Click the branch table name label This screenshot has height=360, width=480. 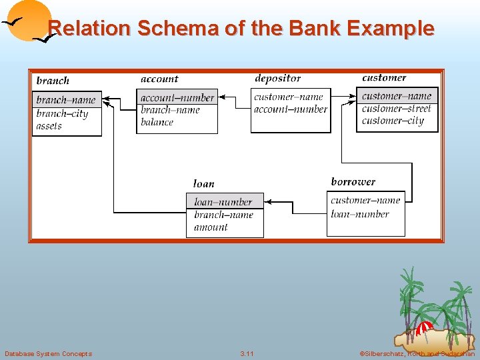click(x=53, y=81)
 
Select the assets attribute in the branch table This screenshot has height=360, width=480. click(x=49, y=126)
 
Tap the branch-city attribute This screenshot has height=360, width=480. click(x=62, y=113)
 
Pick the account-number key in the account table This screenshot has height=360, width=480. click(x=177, y=98)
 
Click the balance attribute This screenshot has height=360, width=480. click(x=157, y=122)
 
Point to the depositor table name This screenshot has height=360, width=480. click(x=277, y=79)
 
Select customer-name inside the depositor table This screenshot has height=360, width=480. click(x=289, y=97)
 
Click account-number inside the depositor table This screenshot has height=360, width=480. click(x=291, y=109)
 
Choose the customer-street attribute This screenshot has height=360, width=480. click(x=397, y=108)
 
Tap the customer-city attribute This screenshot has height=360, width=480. click(x=393, y=121)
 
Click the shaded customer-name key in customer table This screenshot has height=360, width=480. click(x=397, y=96)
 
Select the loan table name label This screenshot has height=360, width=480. click(x=203, y=183)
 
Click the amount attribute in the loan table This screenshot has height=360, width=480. click(x=211, y=227)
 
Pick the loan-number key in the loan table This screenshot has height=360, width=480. click(x=223, y=201)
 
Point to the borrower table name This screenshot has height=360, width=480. click(x=353, y=181)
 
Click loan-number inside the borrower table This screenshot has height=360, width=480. click(x=360, y=214)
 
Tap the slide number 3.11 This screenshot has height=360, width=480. click(x=247, y=353)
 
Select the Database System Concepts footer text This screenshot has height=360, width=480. click(x=48, y=353)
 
